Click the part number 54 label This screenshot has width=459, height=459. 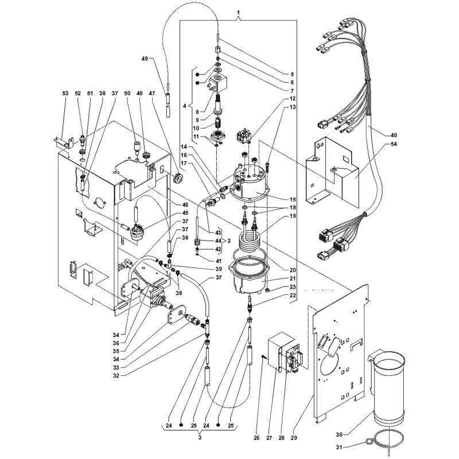pyautogui.click(x=394, y=144)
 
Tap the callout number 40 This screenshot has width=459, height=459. pyautogui.click(x=394, y=135)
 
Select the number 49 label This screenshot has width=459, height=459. pyautogui.click(x=145, y=59)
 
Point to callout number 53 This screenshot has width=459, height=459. pyautogui.click(x=65, y=93)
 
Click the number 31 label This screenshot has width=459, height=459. pyautogui.click(x=340, y=447)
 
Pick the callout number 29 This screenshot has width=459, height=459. pyautogui.click(x=294, y=438)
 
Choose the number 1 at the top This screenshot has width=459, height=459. pyautogui.click(x=238, y=13)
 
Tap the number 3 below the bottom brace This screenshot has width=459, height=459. pyautogui.click(x=200, y=438)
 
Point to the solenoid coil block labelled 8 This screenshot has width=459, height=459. pyautogui.click(x=216, y=82)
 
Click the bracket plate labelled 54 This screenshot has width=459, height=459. pyautogui.click(x=332, y=172)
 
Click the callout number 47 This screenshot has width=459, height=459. pyautogui.click(x=151, y=93)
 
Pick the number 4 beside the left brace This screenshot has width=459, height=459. pyautogui.click(x=184, y=106)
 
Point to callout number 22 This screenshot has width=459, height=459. pyautogui.click(x=293, y=295)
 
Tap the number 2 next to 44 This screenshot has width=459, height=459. pyautogui.click(x=229, y=240)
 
